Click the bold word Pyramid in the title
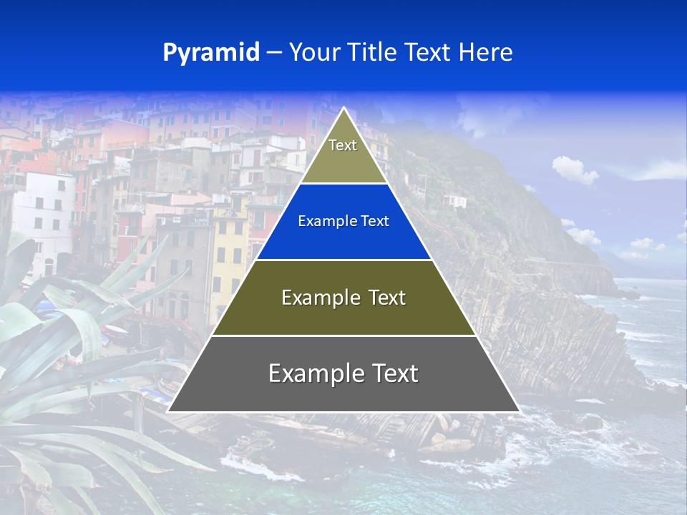click(x=211, y=53)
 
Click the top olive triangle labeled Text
click(x=343, y=154)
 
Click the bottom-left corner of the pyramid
click(x=169, y=411)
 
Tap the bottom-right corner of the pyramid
click(x=519, y=411)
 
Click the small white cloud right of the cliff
click(x=574, y=170)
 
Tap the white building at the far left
click(x=43, y=215)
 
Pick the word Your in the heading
click(x=313, y=53)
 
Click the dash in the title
click(x=274, y=53)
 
